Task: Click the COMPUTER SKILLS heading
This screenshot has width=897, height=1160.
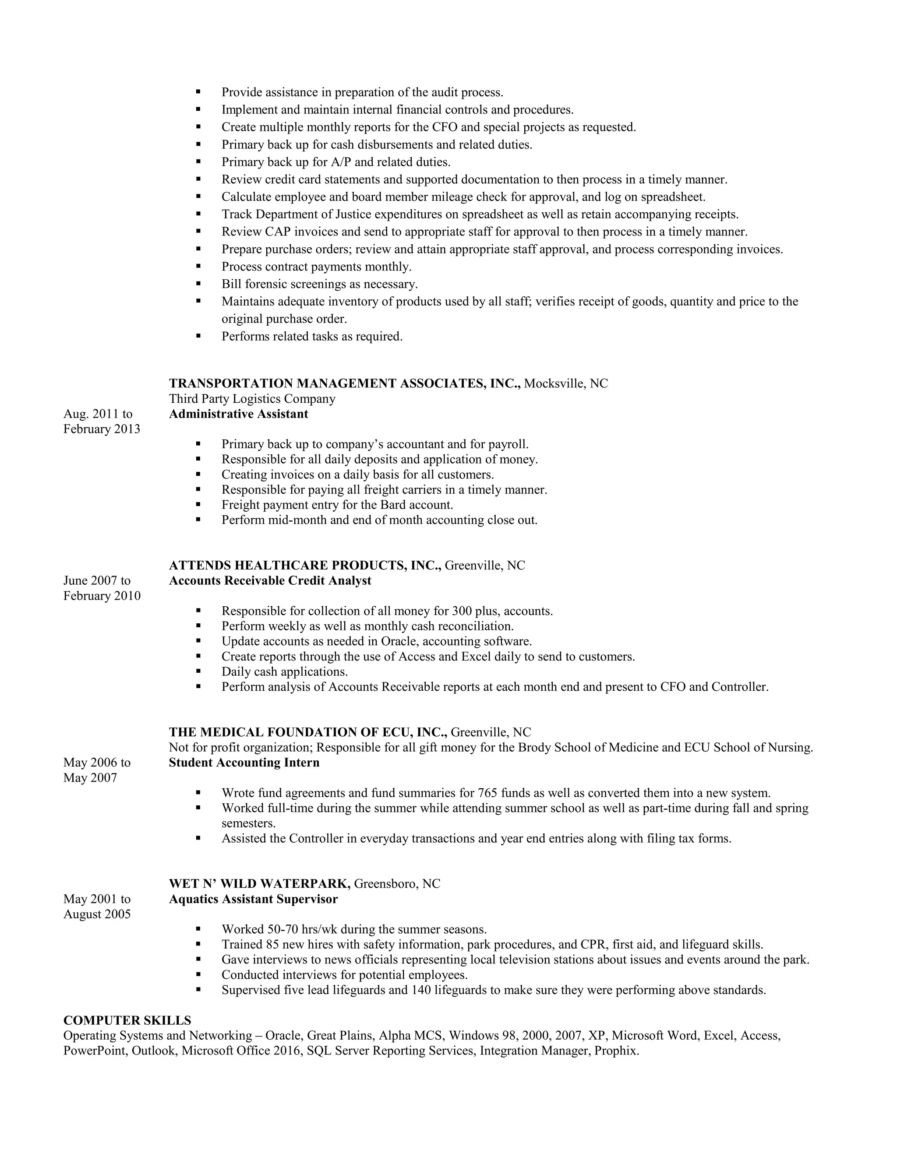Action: point(127,1020)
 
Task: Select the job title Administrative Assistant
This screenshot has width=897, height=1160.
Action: point(238,414)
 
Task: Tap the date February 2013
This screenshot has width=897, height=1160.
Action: point(102,429)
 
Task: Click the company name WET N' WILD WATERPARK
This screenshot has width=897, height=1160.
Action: point(259,884)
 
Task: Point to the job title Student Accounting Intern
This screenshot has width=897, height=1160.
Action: point(244,763)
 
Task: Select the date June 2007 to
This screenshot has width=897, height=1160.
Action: point(97,580)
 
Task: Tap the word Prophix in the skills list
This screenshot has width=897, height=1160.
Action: point(616,1051)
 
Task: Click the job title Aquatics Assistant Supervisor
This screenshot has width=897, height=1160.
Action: point(253,899)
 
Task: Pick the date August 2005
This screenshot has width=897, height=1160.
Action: point(97,914)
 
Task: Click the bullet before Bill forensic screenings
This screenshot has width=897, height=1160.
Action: point(198,284)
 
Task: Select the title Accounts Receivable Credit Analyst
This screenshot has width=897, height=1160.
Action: point(270,580)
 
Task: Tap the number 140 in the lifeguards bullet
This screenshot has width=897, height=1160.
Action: point(421,990)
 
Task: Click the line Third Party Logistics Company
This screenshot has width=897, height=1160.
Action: point(252,399)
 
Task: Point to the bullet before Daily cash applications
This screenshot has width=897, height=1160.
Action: point(198,672)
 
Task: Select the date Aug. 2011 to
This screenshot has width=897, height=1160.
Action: point(98,414)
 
